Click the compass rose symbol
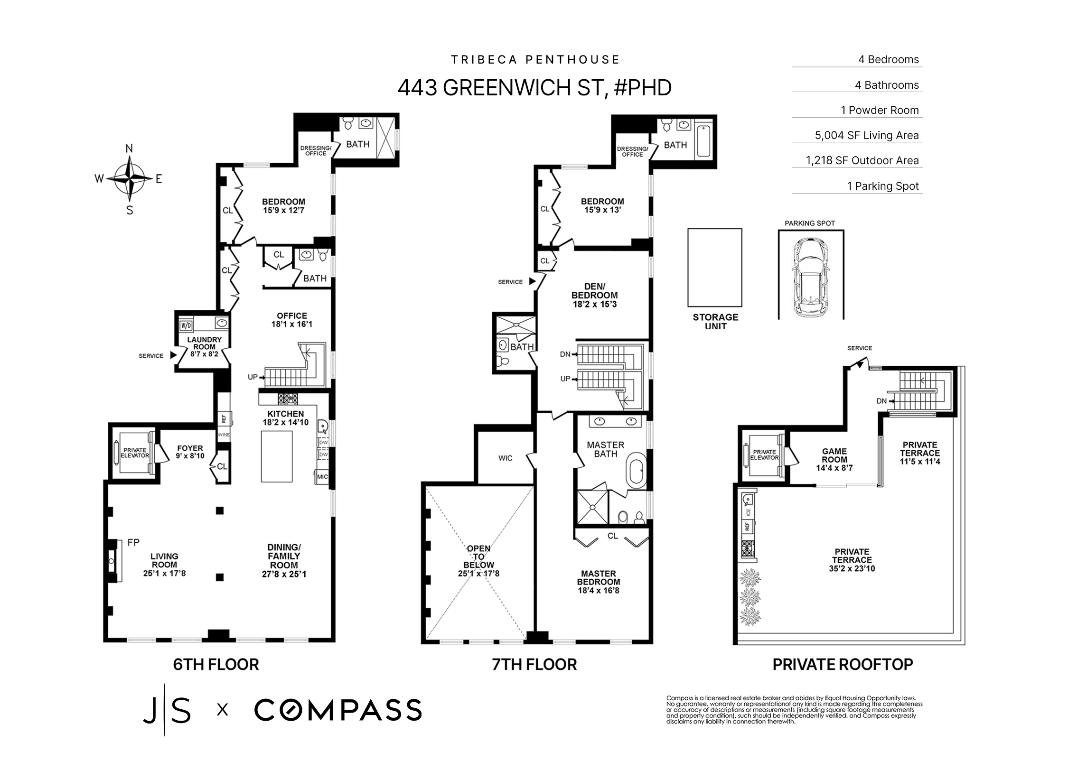tap(129, 179)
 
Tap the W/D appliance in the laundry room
tap(185, 325)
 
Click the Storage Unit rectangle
tap(714, 268)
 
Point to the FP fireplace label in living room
tap(133, 542)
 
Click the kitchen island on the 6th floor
tap(277, 456)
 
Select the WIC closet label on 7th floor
tap(505, 458)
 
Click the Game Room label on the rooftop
tap(834, 459)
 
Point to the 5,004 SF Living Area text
tap(866, 135)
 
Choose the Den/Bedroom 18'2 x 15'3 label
tap(594, 295)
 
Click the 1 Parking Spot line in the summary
tap(882, 186)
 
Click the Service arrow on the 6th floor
tap(173, 355)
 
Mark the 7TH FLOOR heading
tap(534, 664)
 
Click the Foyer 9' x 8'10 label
tap(190, 452)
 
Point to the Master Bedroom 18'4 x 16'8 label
tap(598, 582)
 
